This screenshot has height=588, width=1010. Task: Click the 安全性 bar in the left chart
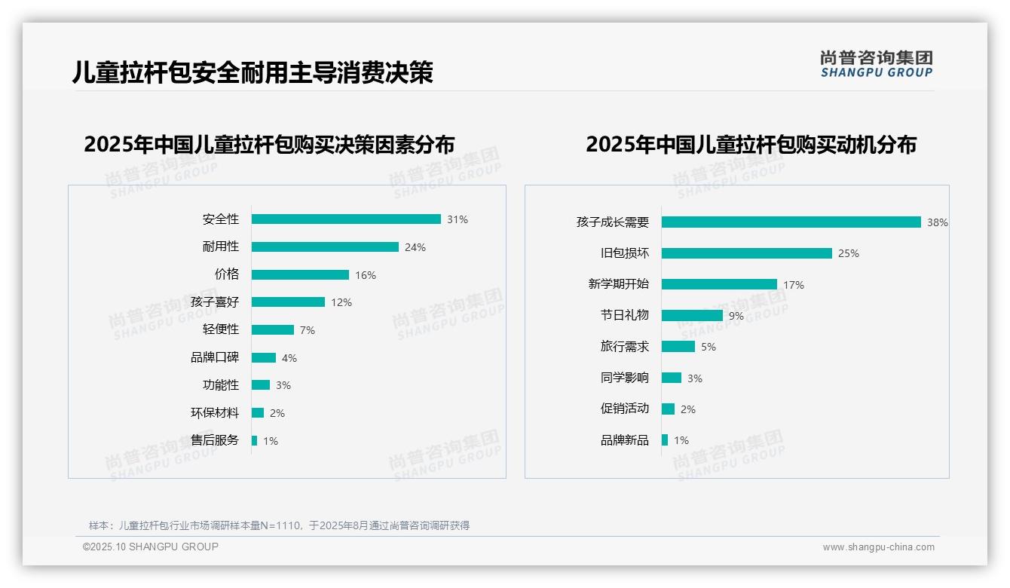click(346, 219)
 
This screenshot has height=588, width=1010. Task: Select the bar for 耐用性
click(325, 247)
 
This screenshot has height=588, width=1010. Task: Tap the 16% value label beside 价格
click(366, 275)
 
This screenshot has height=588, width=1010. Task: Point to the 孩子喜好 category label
click(215, 302)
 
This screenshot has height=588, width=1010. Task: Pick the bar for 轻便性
click(273, 330)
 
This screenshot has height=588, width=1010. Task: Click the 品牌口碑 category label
click(215, 358)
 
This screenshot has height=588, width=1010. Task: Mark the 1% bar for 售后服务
click(255, 440)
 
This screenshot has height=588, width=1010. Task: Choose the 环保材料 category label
click(215, 413)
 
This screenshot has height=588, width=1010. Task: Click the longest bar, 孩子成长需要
click(791, 222)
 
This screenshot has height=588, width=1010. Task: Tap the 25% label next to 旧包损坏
click(849, 253)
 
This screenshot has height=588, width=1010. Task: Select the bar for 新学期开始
click(719, 284)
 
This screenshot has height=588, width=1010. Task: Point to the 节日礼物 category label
click(625, 315)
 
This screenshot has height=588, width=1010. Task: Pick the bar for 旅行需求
click(678, 347)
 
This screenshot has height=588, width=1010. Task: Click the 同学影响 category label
click(625, 378)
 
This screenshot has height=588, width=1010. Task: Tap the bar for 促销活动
click(669, 409)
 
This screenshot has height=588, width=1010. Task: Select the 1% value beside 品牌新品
click(681, 440)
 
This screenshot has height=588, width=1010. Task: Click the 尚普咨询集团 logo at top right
click(877, 64)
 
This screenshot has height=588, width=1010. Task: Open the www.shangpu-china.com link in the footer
click(878, 547)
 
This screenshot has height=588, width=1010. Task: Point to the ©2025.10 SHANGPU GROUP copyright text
click(151, 547)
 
